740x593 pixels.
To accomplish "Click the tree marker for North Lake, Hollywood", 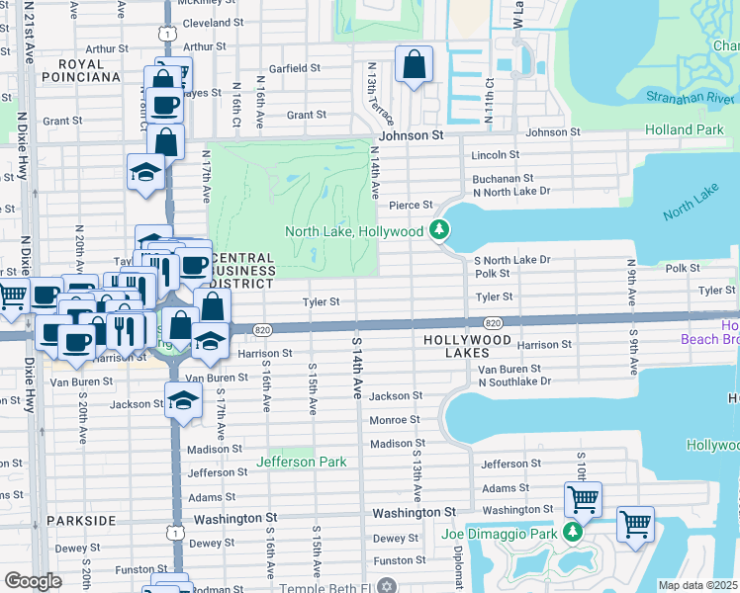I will click(x=439, y=231).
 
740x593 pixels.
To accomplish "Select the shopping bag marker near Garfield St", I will click(x=414, y=65).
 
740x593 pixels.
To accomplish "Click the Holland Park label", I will click(x=684, y=129).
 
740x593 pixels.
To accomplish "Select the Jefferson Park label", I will click(x=302, y=462).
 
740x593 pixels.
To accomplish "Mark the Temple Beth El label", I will click(x=328, y=585).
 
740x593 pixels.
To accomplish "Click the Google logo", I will click(x=33, y=581).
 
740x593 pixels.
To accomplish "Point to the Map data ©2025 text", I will click(x=697, y=585).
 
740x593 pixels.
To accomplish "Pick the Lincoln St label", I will click(x=496, y=155).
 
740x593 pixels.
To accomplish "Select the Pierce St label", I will click(x=412, y=205).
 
